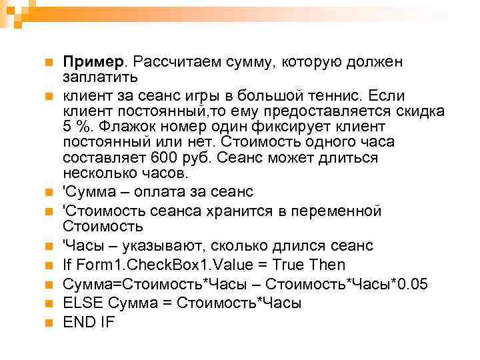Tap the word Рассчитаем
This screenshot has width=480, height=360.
click(173, 61)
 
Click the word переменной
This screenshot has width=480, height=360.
click(333, 211)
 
